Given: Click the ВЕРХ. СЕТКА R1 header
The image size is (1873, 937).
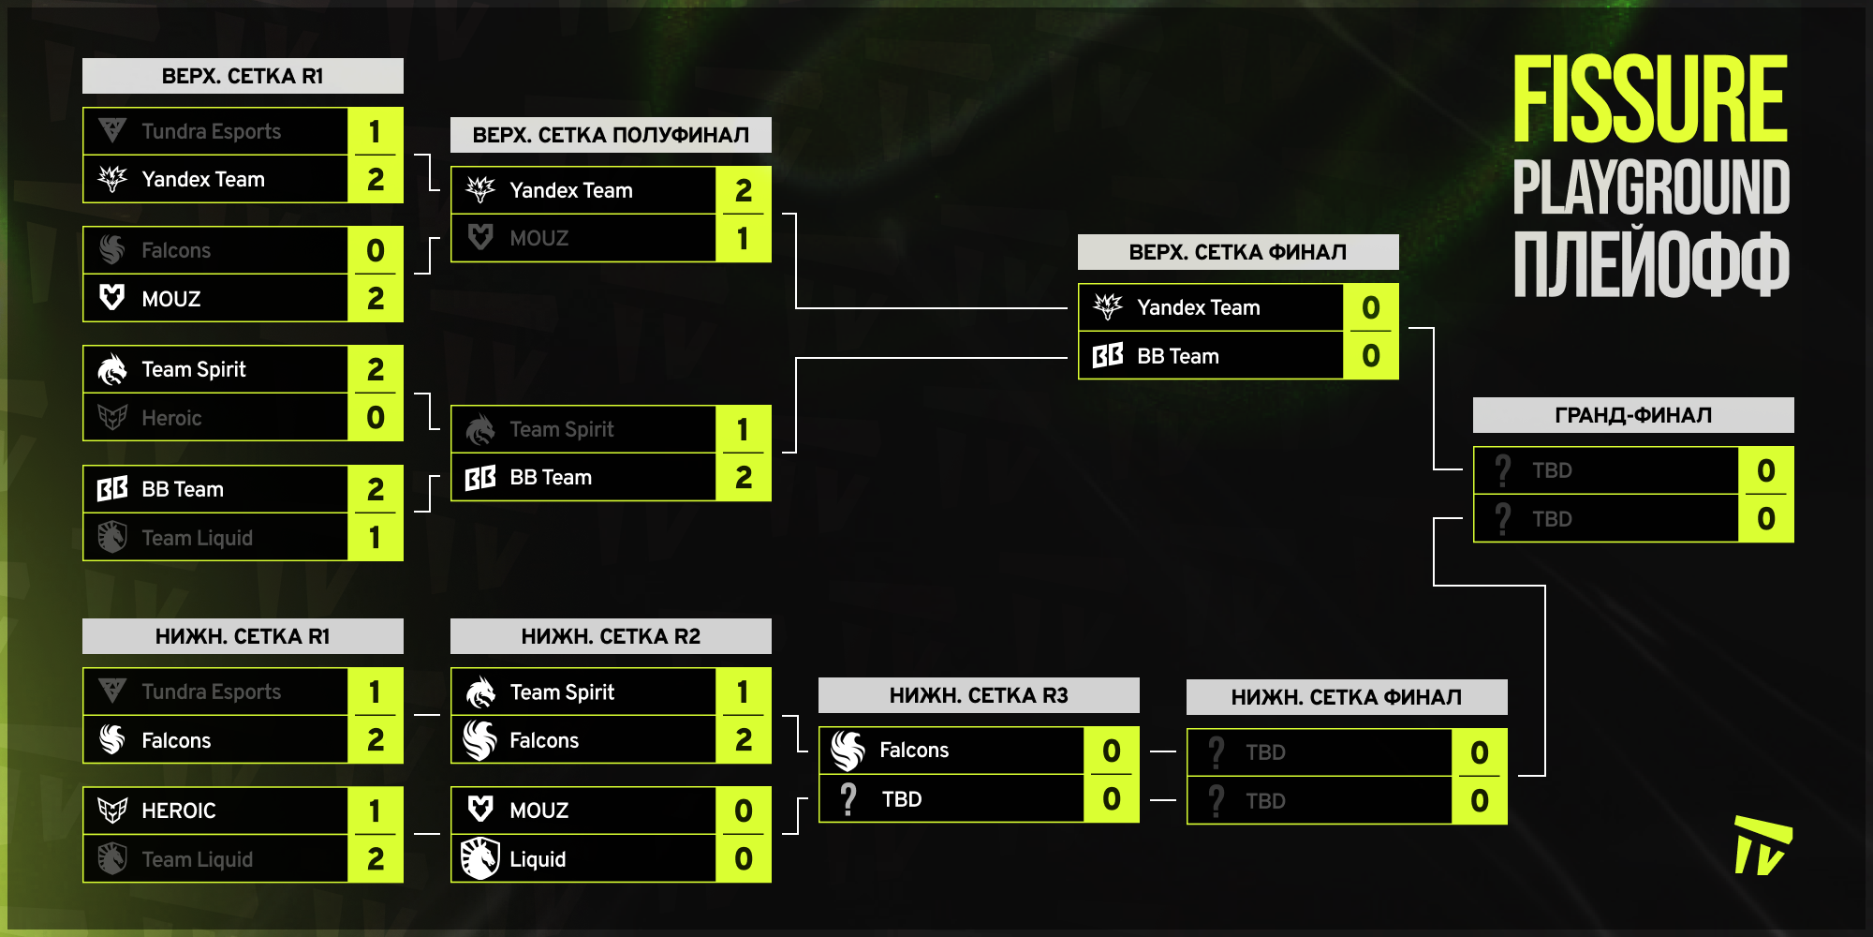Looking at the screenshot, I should click(243, 76).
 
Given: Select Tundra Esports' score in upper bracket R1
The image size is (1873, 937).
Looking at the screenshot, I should click(375, 131).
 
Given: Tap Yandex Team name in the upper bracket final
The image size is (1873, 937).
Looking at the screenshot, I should click(1198, 307).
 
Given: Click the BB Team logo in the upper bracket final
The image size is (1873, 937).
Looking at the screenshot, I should click(1108, 356).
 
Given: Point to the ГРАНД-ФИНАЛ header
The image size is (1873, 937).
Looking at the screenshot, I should click(1632, 415).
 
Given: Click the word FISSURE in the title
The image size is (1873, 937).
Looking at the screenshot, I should click(1650, 99).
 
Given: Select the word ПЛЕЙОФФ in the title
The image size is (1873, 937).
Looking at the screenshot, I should click(1650, 265).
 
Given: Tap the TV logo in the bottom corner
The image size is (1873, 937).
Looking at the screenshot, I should click(1762, 845).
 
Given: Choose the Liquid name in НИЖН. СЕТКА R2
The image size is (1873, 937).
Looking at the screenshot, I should click(538, 859).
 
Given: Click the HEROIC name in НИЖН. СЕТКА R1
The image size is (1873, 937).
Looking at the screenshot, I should click(178, 811).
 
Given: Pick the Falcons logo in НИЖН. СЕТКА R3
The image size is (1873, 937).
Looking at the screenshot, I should click(848, 751).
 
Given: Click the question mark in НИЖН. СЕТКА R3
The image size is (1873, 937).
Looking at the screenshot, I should click(848, 799).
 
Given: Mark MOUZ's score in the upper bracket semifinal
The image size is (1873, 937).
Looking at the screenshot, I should click(743, 238).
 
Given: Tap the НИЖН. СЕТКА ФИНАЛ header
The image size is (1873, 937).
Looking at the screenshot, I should click(1346, 697).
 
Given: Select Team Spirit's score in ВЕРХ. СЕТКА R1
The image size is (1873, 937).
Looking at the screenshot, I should click(375, 369).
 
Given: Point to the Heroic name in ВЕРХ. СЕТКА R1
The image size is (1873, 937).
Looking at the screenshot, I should click(171, 418).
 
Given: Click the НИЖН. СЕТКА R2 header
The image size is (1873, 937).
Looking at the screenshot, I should click(611, 636).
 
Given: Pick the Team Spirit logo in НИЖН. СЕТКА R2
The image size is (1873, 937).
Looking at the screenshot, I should click(480, 692).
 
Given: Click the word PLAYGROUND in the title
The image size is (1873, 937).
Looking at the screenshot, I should click(1650, 187).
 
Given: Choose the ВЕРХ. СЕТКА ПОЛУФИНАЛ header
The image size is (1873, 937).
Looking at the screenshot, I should click(611, 135).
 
